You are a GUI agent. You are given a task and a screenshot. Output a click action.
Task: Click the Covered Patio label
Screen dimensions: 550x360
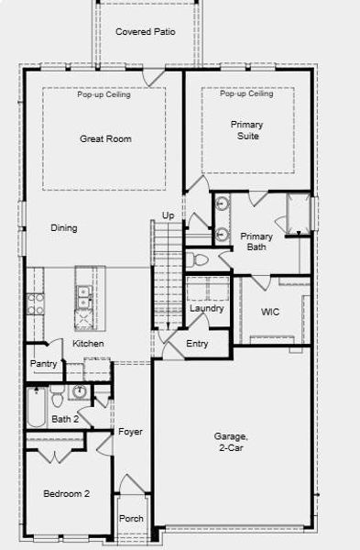(145, 32)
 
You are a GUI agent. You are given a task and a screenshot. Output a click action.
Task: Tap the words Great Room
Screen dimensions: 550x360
(105, 139)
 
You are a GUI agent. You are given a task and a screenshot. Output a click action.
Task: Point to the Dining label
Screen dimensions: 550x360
(63, 228)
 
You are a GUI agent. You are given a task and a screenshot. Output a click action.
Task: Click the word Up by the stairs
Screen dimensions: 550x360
(168, 215)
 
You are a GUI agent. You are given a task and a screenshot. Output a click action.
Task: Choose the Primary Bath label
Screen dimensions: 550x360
(256, 241)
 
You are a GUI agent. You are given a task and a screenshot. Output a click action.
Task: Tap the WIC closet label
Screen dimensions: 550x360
(269, 312)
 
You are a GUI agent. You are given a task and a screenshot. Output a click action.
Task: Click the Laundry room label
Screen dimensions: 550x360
(207, 308)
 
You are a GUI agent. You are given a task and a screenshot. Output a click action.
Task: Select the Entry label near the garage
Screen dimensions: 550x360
(197, 344)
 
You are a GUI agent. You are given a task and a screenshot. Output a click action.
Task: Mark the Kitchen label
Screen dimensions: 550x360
(88, 344)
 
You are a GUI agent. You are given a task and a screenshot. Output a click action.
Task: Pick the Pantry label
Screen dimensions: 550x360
(43, 364)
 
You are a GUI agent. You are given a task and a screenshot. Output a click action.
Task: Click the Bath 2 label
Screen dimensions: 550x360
(64, 419)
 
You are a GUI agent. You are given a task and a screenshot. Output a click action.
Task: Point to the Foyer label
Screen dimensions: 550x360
(130, 431)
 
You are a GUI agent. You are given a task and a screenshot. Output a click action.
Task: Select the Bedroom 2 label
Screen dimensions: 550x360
(66, 494)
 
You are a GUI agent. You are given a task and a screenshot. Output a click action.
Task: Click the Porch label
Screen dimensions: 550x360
(131, 519)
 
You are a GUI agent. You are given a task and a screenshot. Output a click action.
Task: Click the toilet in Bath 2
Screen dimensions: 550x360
(57, 396)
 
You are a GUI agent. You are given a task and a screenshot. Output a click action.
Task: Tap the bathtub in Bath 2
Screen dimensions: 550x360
(36, 407)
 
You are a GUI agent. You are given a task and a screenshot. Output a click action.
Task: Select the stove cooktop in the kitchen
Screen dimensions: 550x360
(36, 303)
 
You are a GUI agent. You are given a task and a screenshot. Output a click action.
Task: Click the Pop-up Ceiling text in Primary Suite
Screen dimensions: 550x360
(246, 93)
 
